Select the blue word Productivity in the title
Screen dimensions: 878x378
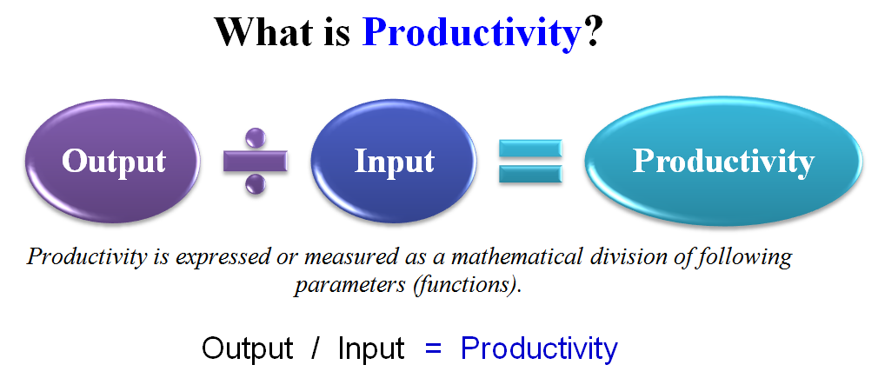point(472,35)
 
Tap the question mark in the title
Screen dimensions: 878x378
point(593,32)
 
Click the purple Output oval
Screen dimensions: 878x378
point(113,161)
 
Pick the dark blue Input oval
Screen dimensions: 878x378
point(394,161)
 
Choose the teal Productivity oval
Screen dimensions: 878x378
point(723,161)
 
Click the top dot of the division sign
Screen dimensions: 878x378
point(256,138)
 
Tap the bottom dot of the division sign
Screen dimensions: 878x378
point(256,183)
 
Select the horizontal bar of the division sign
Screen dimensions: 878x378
point(256,161)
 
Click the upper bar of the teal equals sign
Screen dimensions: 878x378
point(530,149)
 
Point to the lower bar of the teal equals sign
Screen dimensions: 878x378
point(530,174)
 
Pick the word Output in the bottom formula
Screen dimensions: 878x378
point(247,348)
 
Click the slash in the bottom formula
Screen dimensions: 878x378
point(316,348)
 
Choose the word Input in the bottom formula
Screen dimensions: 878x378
point(371,349)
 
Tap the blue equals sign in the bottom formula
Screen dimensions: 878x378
point(434,348)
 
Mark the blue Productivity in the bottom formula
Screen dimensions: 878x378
point(539,349)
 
